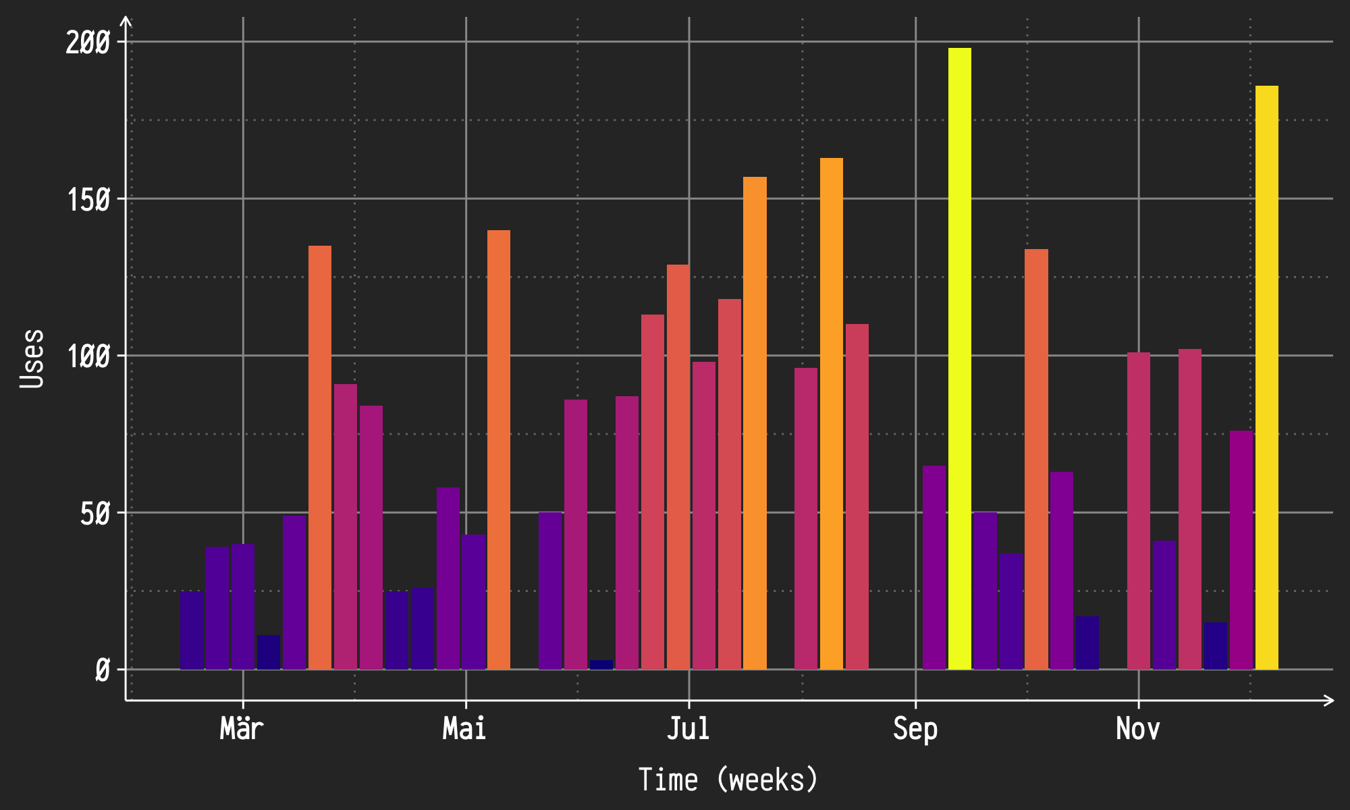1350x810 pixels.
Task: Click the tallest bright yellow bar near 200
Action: point(959,358)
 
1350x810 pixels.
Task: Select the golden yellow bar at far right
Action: point(1266,378)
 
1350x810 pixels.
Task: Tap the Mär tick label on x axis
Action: point(242,729)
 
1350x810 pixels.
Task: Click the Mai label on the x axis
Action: point(464,729)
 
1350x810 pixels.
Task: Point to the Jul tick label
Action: point(688,729)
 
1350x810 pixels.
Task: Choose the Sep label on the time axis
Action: point(915,729)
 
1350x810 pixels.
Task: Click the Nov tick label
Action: point(1138,729)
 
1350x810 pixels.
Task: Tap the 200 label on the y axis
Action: point(88,43)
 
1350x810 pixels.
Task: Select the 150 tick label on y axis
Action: point(88,200)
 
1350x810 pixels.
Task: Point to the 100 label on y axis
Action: point(88,356)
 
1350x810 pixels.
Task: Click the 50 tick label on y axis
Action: point(94,514)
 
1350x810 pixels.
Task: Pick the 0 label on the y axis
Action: point(102,671)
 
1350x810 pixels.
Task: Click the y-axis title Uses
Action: point(32,358)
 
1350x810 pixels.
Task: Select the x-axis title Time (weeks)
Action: point(728,780)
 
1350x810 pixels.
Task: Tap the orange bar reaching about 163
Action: point(832,413)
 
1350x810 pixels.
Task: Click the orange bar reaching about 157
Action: point(755,423)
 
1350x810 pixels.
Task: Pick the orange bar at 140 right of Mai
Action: point(499,450)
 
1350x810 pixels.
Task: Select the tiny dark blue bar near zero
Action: point(601,665)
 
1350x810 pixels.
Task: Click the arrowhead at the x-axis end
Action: point(1330,701)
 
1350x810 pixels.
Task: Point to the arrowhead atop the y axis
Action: point(126,22)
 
